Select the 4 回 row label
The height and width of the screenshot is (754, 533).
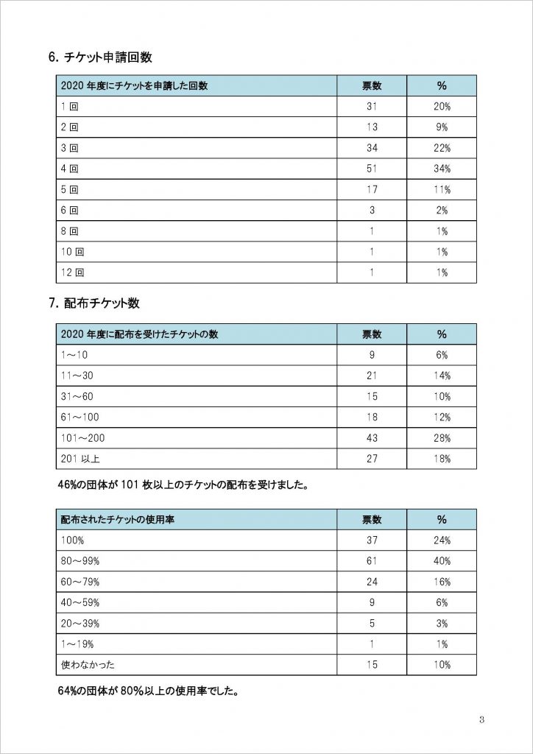[x=69, y=169]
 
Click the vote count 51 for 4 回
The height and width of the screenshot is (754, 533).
[x=372, y=169]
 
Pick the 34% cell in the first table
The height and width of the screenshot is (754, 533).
[x=442, y=169]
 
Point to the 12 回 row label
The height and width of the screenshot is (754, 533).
[x=72, y=272]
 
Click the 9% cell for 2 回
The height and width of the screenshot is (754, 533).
[x=442, y=127]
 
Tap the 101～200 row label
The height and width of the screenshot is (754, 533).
[x=82, y=438]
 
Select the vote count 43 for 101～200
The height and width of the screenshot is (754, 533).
[x=372, y=438]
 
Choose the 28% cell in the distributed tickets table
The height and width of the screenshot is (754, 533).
[x=442, y=438]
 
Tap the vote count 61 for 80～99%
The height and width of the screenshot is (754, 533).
[x=372, y=561]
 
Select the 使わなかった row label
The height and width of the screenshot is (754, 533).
[x=88, y=665]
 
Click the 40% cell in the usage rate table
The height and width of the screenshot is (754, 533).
[x=442, y=561]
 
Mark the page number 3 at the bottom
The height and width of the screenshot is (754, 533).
[x=481, y=719]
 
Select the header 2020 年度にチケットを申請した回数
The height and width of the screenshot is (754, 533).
[x=134, y=85]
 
